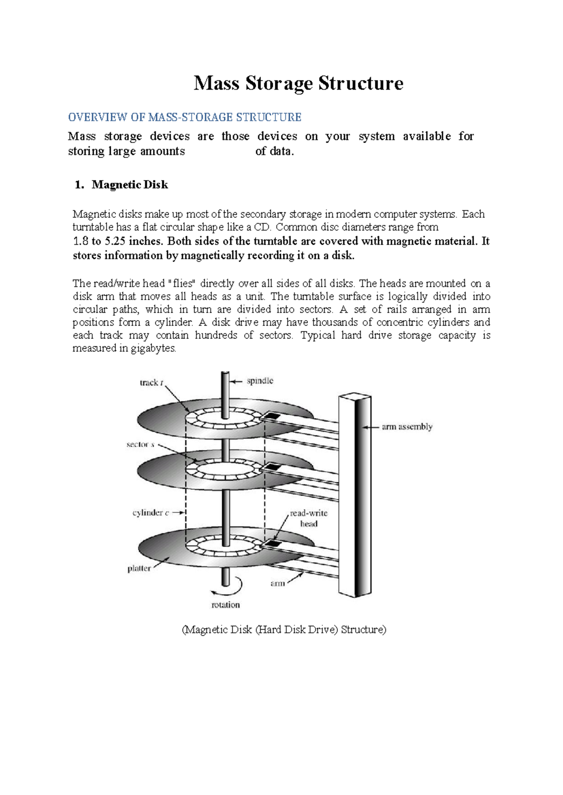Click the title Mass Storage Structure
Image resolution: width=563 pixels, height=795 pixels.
298,83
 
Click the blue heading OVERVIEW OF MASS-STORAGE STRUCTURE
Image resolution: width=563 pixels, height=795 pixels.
184,117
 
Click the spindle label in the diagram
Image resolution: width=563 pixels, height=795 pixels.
260,381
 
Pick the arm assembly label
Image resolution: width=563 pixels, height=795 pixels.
407,427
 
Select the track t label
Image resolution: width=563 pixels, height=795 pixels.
151,382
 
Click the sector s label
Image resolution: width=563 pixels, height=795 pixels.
140,444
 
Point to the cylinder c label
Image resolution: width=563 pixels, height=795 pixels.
151,513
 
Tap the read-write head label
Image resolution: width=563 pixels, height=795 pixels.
308,518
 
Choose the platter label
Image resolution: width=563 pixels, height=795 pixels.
139,568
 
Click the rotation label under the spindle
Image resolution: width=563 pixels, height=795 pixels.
225,605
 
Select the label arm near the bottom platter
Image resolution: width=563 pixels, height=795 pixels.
277,583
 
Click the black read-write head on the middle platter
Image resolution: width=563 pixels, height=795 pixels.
271,467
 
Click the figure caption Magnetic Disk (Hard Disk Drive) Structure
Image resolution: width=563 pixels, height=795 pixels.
284,630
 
